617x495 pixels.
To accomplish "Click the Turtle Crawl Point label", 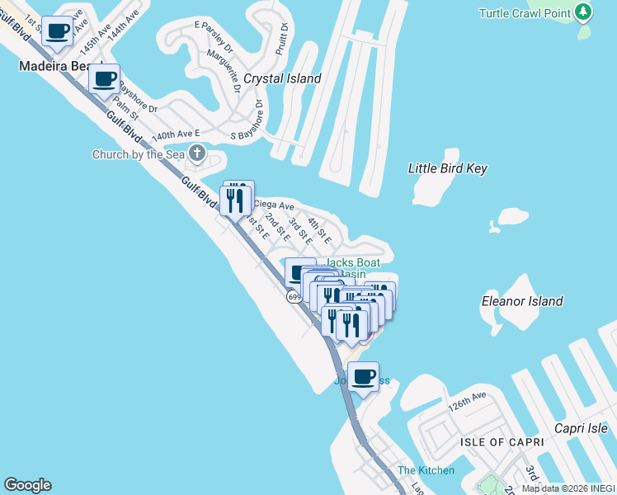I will click(x=525, y=13).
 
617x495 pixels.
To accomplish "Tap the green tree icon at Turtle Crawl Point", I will click(x=584, y=12).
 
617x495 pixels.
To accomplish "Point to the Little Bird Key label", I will click(x=448, y=168).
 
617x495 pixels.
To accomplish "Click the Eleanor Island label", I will click(x=522, y=302).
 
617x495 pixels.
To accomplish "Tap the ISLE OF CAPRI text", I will click(x=502, y=442).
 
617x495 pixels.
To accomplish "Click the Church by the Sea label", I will click(x=138, y=154).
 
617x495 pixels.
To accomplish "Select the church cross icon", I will click(x=197, y=153).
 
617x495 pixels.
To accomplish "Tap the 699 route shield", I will click(x=295, y=297).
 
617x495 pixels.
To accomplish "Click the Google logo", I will click(x=27, y=485).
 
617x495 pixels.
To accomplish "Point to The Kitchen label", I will click(x=426, y=470).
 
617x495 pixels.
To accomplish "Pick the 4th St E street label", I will click(x=318, y=230).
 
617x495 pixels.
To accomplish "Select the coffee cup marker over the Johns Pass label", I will click(x=363, y=378).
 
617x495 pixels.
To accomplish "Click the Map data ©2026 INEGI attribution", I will click(x=568, y=488).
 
